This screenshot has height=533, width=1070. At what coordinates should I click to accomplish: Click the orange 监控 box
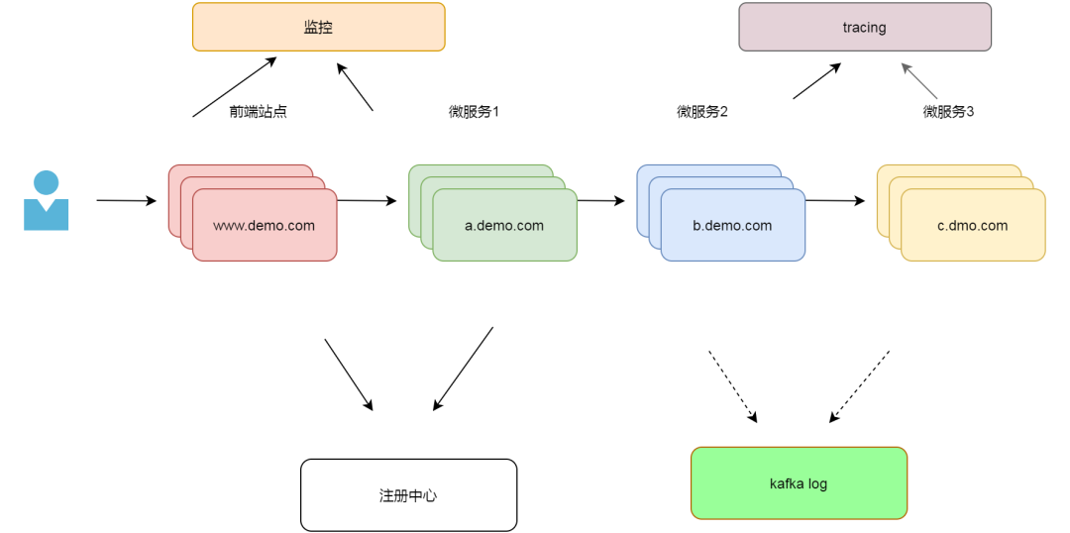coord(318,27)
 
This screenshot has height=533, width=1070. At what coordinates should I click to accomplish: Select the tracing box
coord(864,27)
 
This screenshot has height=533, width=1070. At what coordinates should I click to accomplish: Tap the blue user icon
coord(46,200)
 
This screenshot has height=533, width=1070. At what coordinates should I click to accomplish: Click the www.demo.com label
coord(264,226)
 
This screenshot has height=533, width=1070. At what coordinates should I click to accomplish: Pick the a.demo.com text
coord(504,226)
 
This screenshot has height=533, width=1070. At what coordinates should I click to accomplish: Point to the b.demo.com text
coord(732,226)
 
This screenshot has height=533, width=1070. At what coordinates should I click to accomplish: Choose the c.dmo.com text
coord(972,226)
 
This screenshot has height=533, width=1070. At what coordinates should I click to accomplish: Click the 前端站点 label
coord(258,112)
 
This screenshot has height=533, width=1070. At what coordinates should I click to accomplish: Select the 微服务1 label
coord(474,112)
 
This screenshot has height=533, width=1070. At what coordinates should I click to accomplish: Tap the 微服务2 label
coord(702,112)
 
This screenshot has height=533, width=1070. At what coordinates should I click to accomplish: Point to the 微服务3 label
coord(948,112)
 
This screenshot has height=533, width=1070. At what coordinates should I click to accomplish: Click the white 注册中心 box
coord(408,494)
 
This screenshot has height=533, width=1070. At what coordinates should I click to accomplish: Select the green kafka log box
coord(799,483)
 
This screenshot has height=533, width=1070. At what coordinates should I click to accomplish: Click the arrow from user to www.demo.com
coord(126,201)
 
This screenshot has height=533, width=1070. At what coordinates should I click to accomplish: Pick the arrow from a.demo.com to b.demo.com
coord(600,201)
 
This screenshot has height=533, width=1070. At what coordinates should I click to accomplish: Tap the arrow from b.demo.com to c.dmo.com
coord(834,201)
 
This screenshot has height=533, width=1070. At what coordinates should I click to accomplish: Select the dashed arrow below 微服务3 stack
coord(859,386)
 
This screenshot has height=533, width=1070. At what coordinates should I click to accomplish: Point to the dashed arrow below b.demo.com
coord(732,386)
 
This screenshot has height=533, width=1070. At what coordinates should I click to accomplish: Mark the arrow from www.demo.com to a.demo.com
coord(367,201)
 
